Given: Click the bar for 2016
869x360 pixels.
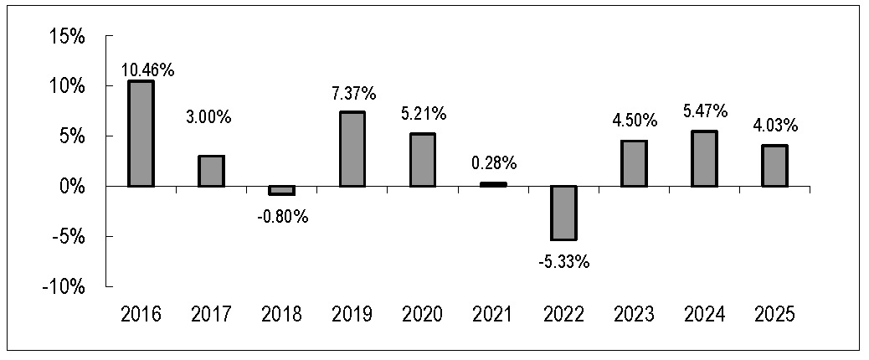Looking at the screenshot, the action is pos(141,133).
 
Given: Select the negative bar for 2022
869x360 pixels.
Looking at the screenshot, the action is pos(563,213).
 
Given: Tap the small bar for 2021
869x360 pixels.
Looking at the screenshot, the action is pos(493,184).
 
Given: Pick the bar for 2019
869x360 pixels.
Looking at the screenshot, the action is pos(352,149).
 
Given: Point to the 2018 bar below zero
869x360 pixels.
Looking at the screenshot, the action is pos(281,190).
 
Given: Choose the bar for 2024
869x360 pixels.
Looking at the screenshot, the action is pos(704,158).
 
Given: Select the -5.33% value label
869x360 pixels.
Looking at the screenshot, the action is pos(563,261).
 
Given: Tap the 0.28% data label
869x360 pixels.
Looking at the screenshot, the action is pos(493,163).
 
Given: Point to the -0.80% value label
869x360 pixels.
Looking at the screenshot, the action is pos(282,217).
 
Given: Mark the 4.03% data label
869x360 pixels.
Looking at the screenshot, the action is pos(774,126).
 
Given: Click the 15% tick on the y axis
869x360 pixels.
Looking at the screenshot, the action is pos(65,37).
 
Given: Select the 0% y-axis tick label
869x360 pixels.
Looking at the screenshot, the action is pos(70,187).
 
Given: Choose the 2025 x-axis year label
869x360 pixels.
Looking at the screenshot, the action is pos(774,315).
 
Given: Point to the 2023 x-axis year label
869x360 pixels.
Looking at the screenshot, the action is pos(634,315).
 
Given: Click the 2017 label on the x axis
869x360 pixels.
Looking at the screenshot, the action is pos(211,315).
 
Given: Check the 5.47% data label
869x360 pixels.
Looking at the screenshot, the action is pos(704,111).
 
